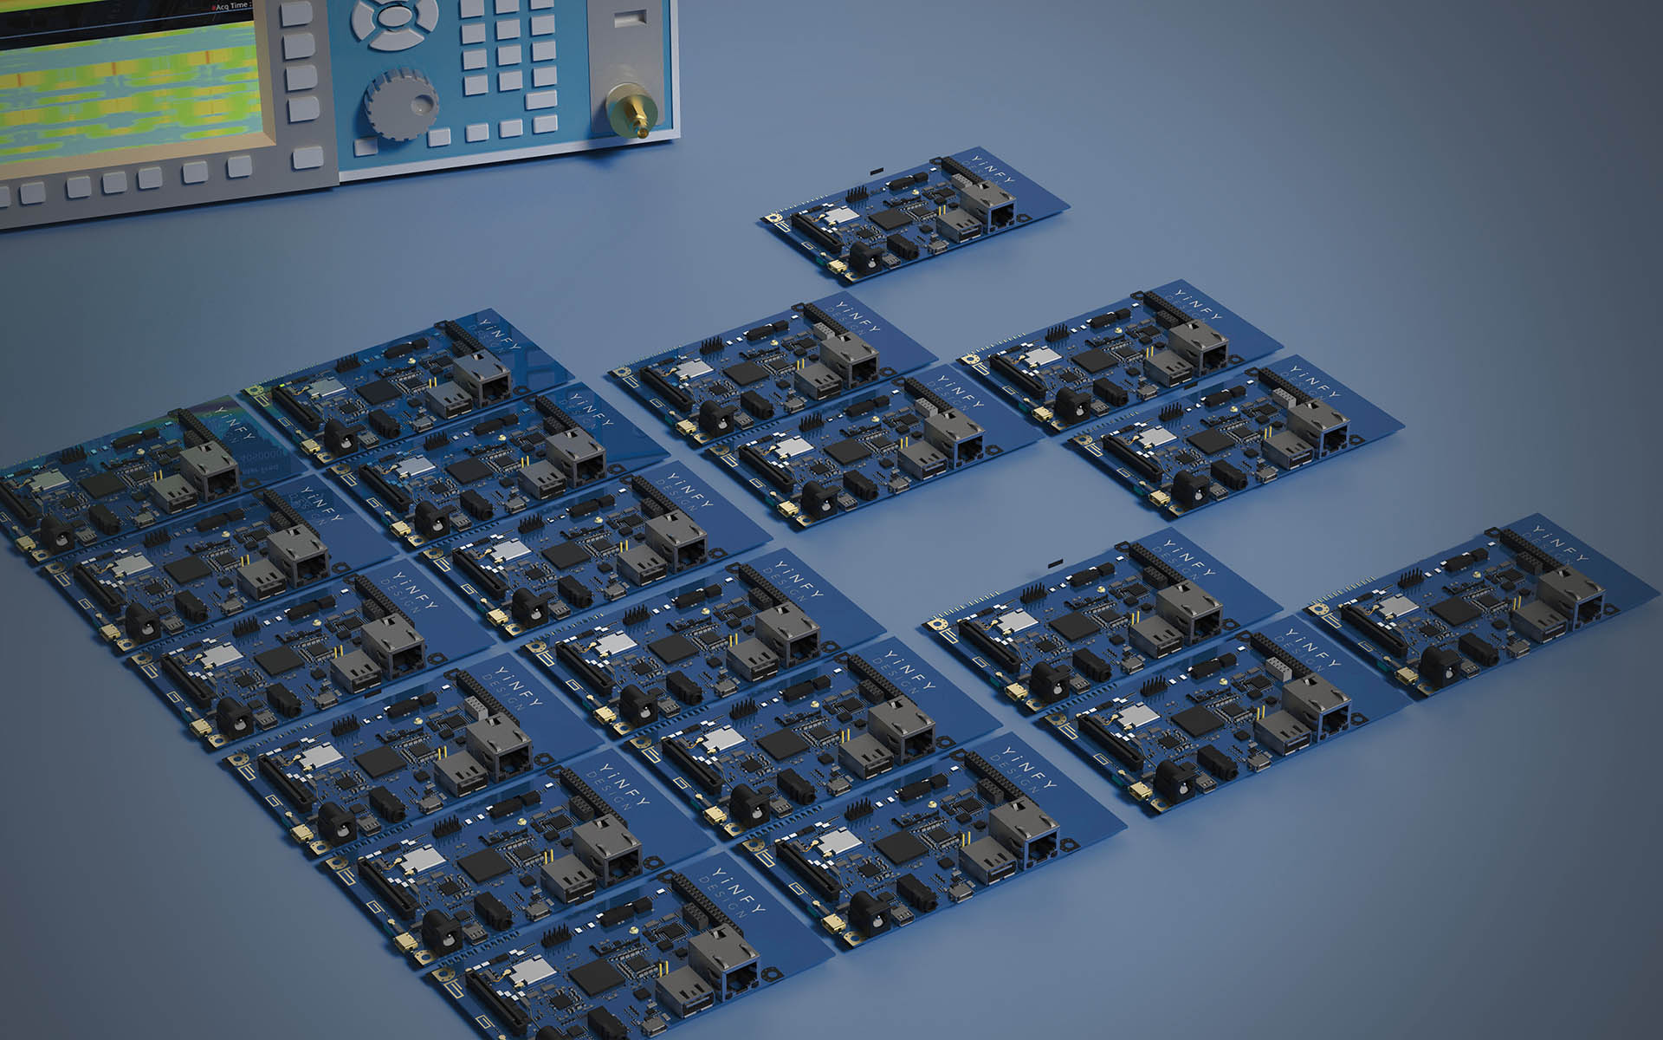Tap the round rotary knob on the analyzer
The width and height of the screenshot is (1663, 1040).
click(400, 100)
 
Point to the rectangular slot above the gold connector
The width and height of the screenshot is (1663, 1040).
click(630, 18)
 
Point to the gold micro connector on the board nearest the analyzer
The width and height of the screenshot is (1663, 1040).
click(838, 269)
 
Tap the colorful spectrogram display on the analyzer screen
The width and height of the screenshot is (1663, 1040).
click(130, 87)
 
